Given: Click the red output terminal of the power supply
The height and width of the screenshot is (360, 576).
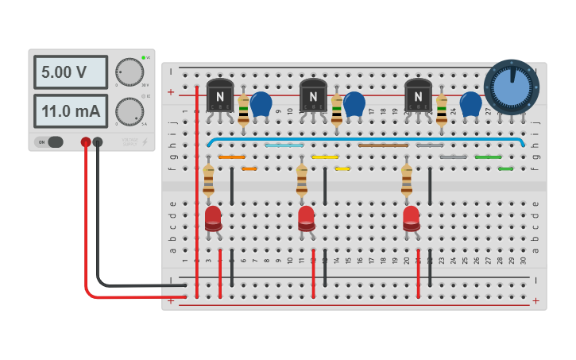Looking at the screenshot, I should pos(86,142).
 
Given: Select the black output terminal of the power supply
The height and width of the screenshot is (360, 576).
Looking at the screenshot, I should pos(98,142).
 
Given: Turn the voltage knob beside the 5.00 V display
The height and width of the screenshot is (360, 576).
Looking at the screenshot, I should pos(129,72).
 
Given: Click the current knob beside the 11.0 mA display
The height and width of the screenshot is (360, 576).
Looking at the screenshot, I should pos(129,111).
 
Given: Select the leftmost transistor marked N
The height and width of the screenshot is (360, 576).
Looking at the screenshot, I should pos(220,97).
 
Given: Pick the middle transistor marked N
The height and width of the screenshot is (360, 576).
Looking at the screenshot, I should pos(314,97).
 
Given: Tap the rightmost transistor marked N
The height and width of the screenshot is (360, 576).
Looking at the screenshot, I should pos(418,97).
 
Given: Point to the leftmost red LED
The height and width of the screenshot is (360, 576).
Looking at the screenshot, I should pos(213,219).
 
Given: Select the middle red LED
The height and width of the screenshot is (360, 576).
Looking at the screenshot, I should pos(306,219).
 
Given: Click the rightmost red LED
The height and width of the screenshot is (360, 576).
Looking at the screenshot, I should pos(411,219).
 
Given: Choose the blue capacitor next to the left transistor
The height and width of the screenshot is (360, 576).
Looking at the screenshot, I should pos(261,103).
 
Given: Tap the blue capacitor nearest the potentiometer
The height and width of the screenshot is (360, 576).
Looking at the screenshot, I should pos(470,103).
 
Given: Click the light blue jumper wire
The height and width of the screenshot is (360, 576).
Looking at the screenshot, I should pos(284,145).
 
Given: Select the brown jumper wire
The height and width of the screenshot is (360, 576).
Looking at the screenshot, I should pos(383,145).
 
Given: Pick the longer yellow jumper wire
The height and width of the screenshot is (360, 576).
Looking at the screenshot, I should pos(325,157).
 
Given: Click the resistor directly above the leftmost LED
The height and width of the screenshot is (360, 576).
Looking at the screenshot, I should pos(208,180).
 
